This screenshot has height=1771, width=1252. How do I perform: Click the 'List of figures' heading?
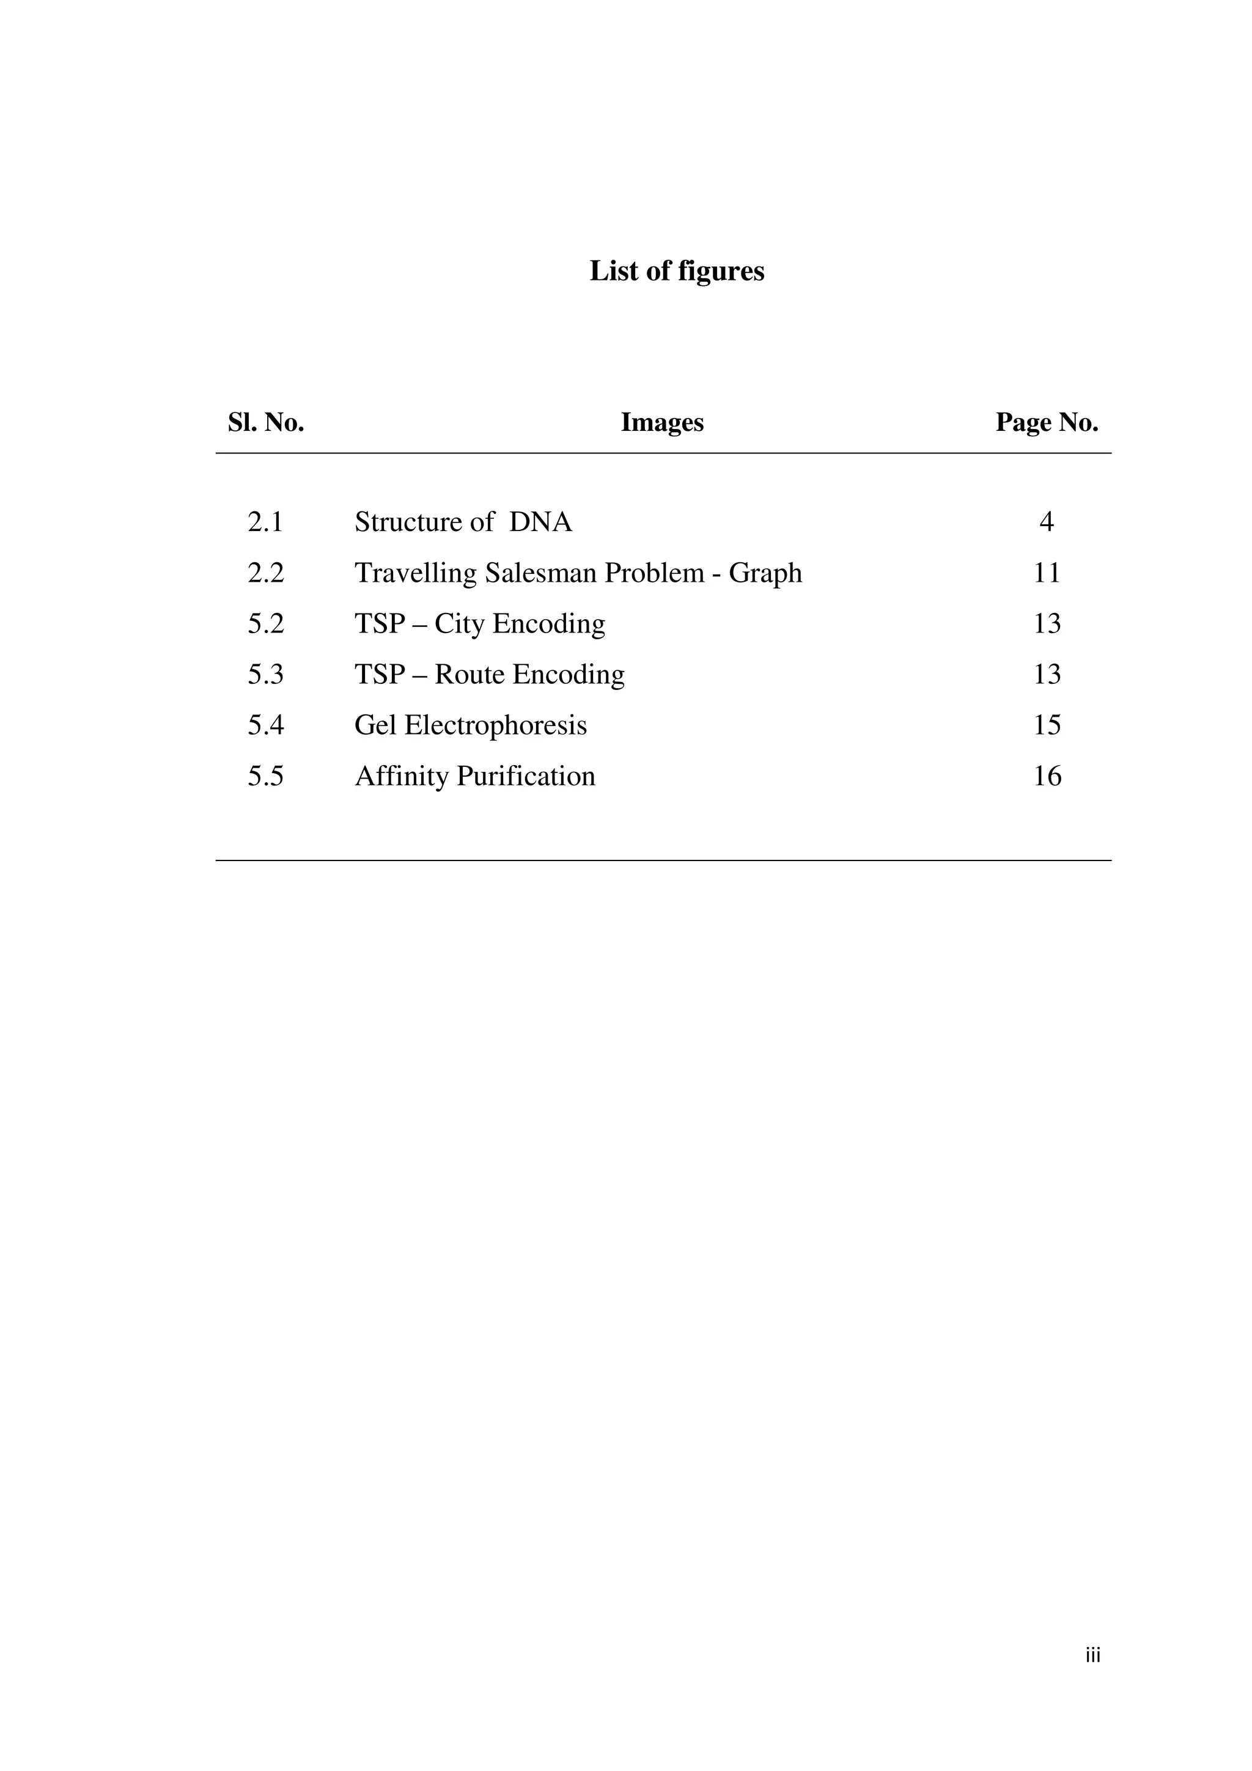[677, 271]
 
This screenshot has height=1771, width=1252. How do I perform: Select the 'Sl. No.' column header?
[265, 423]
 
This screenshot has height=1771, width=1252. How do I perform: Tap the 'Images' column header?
[662, 423]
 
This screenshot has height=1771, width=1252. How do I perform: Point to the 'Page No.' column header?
[1047, 423]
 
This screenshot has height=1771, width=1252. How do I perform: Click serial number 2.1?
[265, 522]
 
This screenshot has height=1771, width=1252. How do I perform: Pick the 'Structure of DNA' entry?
[463, 522]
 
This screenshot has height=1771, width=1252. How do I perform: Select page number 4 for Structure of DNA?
[1046, 522]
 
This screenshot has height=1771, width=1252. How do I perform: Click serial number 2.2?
[265, 573]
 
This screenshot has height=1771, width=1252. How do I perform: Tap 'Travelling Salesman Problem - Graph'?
[578, 573]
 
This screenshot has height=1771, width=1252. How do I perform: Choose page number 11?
[1047, 573]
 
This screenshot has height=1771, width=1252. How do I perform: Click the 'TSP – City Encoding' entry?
[479, 624]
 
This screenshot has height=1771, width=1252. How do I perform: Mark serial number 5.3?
[265, 675]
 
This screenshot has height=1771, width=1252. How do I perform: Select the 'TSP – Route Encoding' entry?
[489, 675]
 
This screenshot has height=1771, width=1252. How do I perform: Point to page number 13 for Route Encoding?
[1047, 675]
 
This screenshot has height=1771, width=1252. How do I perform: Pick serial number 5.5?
[265, 777]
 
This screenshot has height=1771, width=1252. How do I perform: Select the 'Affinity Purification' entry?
[474, 777]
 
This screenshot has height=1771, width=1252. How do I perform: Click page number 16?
[1047, 777]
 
